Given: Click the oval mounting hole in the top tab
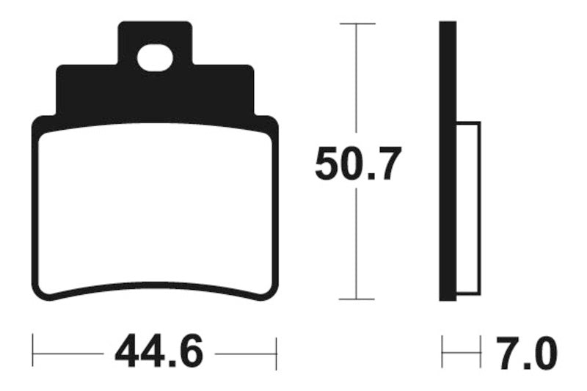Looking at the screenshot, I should point(155,58).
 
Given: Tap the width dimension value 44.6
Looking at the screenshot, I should point(158,353).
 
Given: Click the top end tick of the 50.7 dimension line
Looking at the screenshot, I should point(357,24).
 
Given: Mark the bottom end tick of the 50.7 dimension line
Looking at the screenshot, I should point(357,299).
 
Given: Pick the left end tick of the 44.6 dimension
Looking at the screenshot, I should point(34,353).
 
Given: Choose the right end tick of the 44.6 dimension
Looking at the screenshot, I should point(276,353).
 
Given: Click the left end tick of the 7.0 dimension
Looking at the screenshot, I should point(442,353).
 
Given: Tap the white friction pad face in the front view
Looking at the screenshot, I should point(155,209).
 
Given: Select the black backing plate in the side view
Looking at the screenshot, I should point(448,161).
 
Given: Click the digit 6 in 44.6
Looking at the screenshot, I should point(189,353).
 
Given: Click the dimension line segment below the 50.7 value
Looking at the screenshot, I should point(357,242).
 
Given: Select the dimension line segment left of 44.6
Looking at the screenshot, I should point(70,353).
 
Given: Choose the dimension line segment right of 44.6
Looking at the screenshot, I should point(246,353).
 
